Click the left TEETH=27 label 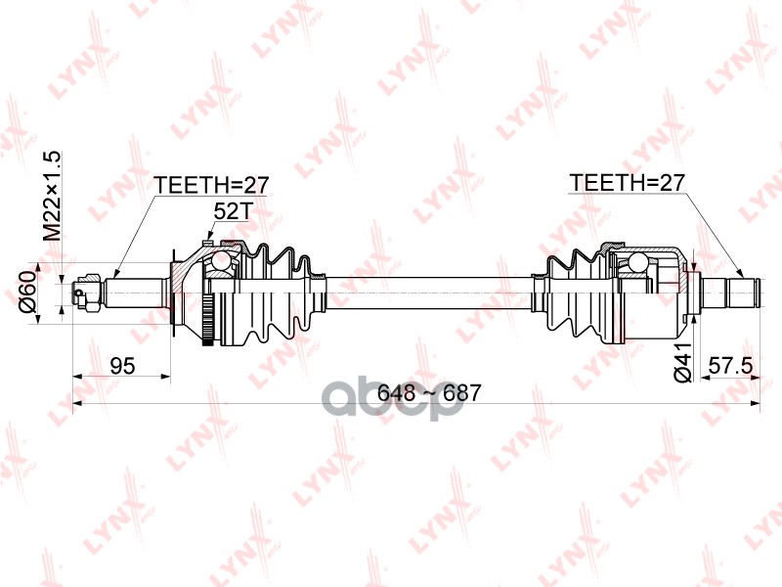211,185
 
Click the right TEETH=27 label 627,183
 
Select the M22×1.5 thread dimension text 52,195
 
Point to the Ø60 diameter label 28,293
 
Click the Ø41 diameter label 683,361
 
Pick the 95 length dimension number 122,366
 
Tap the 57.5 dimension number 730,366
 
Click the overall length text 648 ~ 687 429,393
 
